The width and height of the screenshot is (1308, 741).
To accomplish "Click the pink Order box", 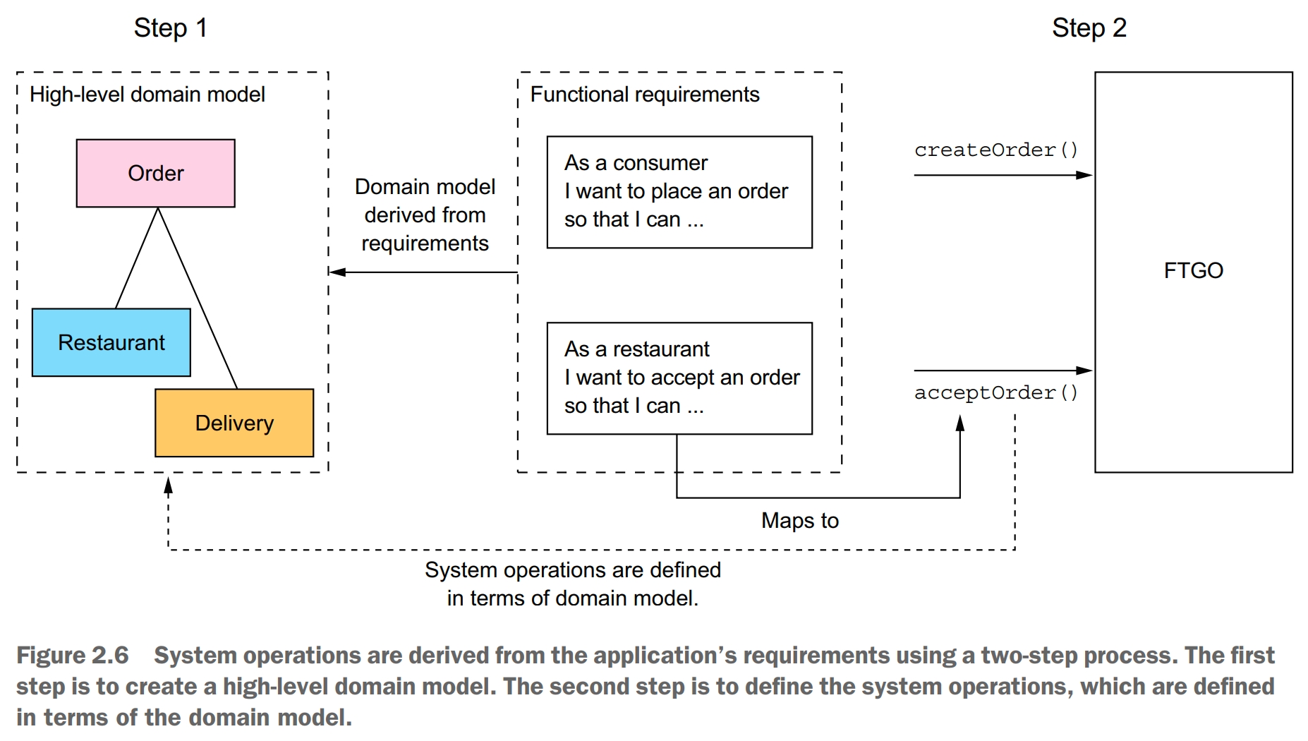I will click(x=155, y=173).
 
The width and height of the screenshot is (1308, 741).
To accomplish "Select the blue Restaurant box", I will click(x=111, y=342).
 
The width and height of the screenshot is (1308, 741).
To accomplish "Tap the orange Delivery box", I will click(x=234, y=423).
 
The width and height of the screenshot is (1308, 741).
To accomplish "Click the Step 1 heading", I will click(x=170, y=28).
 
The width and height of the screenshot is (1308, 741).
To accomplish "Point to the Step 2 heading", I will click(x=1089, y=28).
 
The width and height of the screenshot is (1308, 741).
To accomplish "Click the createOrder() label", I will click(x=995, y=150).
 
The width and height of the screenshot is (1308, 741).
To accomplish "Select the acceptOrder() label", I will click(x=995, y=393).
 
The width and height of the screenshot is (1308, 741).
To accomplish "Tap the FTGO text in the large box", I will click(x=1193, y=270).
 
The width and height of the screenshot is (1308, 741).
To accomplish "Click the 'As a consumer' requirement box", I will click(x=679, y=192).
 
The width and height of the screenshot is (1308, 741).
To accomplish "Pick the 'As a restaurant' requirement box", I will click(x=679, y=378).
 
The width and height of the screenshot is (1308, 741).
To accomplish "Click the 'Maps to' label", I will click(x=799, y=521).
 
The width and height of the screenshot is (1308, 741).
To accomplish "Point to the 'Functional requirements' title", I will click(x=644, y=95).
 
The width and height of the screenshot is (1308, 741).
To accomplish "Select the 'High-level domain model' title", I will click(x=147, y=95).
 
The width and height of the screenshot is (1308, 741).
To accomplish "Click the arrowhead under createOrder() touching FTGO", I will click(x=1084, y=175).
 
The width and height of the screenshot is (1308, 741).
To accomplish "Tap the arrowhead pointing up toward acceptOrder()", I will click(x=959, y=423).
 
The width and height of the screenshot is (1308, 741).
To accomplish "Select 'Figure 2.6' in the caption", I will click(x=73, y=656).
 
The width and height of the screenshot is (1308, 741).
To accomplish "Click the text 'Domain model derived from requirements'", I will click(x=425, y=215).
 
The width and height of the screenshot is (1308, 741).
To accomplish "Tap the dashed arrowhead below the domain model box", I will click(x=168, y=486).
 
